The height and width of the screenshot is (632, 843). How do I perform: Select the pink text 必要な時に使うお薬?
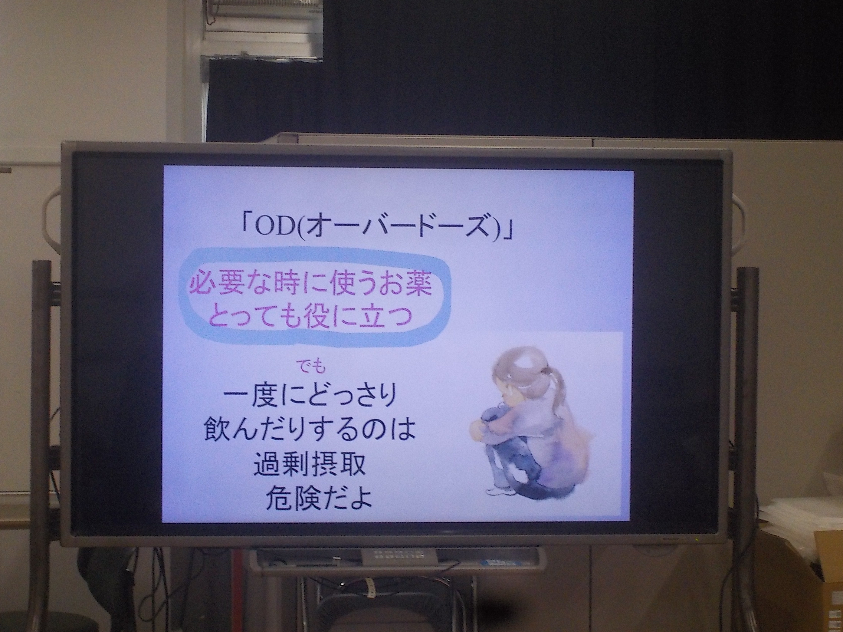click(x=311, y=285)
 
